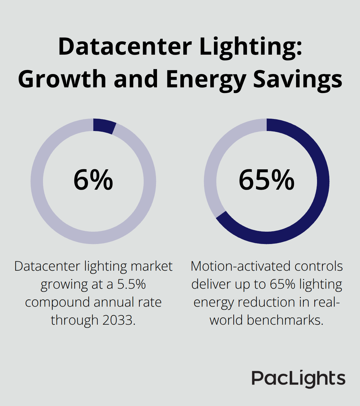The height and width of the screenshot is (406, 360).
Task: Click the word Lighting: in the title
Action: pos(251,47)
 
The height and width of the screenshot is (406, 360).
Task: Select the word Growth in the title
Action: pos(62,79)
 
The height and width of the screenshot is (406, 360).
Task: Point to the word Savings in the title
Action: pos(298,79)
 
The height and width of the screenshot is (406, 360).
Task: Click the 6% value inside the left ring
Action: pos(93,180)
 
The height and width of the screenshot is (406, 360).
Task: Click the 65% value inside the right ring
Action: pos(266,180)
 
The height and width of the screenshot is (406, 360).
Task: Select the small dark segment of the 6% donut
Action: pos(104,126)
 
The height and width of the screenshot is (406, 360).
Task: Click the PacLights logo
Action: pos(298,379)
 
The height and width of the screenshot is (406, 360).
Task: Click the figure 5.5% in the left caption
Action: pos(131,284)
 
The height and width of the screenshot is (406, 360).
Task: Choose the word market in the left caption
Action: pos(152,266)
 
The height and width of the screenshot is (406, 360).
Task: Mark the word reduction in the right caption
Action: pos(274,302)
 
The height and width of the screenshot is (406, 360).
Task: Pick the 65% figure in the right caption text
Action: pos(282,284)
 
